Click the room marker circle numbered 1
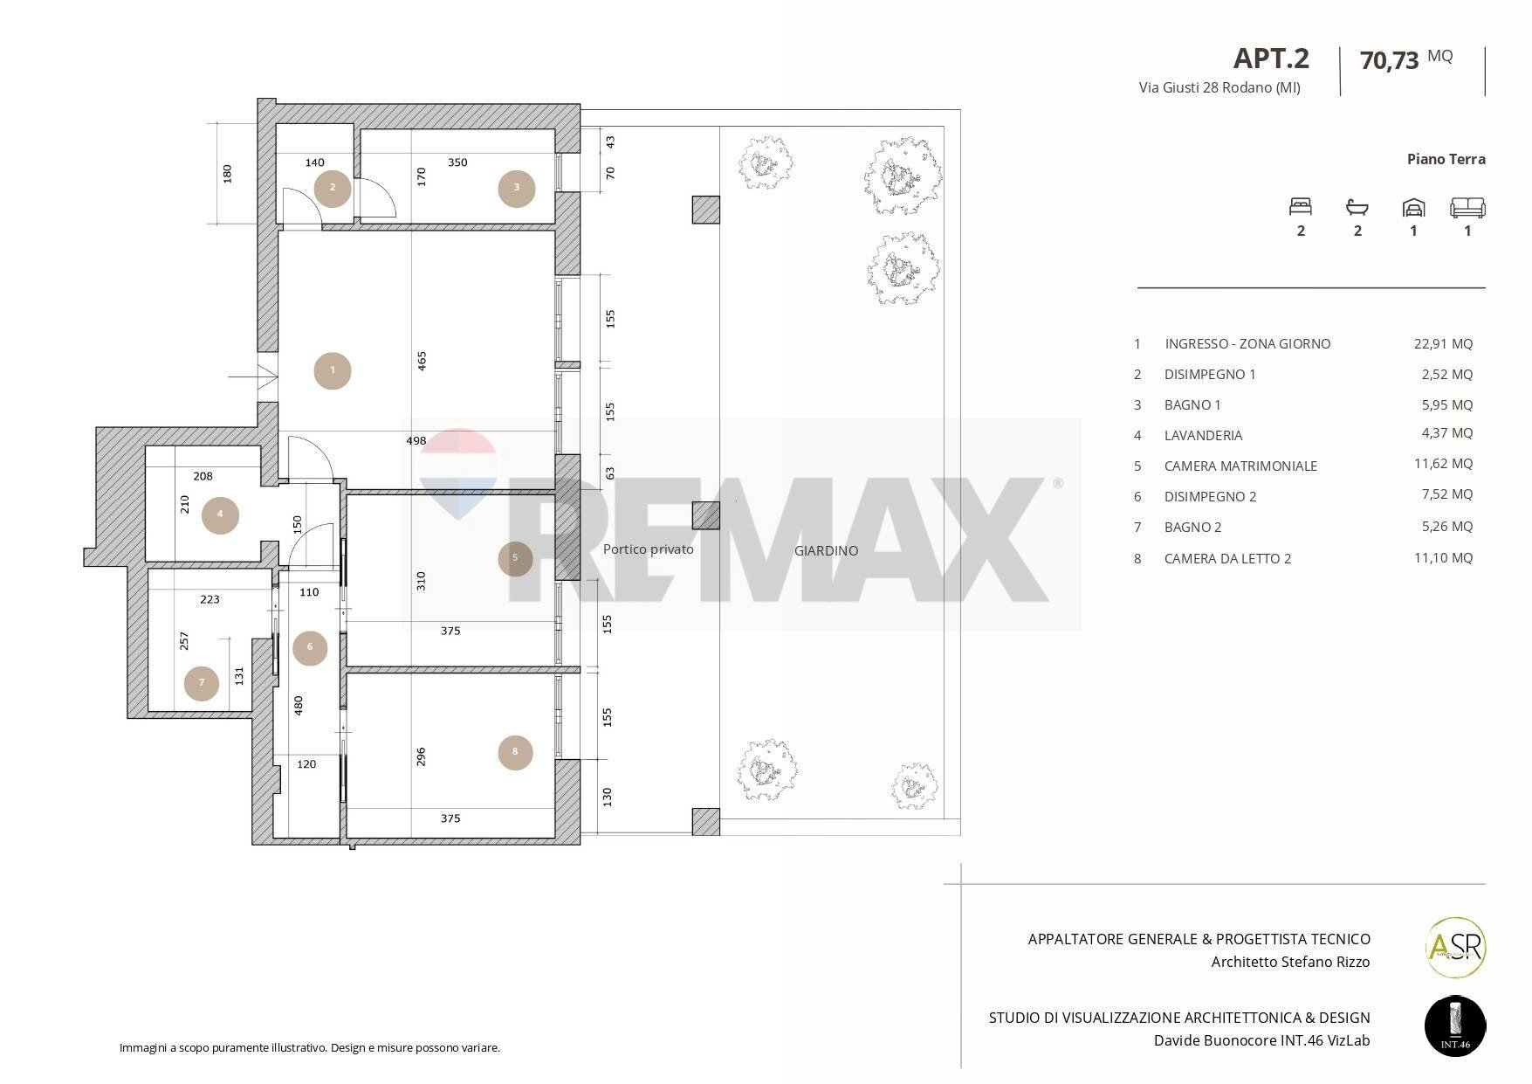(x=333, y=370)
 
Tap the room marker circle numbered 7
(x=202, y=683)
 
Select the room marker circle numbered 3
(x=517, y=188)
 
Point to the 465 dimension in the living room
(x=423, y=360)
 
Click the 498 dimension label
(x=416, y=441)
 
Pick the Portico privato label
(x=648, y=549)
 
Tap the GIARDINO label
(x=826, y=550)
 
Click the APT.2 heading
(x=1270, y=59)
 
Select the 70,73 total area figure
(x=1389, y=60)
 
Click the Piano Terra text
(x=1446, y=159)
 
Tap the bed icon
(x=1301, y=207)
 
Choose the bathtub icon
(x=1357, y=207)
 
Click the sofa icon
(x=1467, y=207)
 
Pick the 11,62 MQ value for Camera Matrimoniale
(x=1442, y=464)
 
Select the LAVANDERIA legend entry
(x=1203, y=435)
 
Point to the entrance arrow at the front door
(x=253, y=376)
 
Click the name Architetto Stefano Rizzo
(x=1290, y=962)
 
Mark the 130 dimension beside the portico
(x=608, y=797)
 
